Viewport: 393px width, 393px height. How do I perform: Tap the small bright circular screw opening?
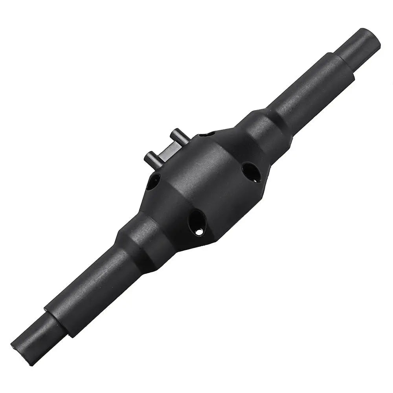(x=199, y=231)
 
